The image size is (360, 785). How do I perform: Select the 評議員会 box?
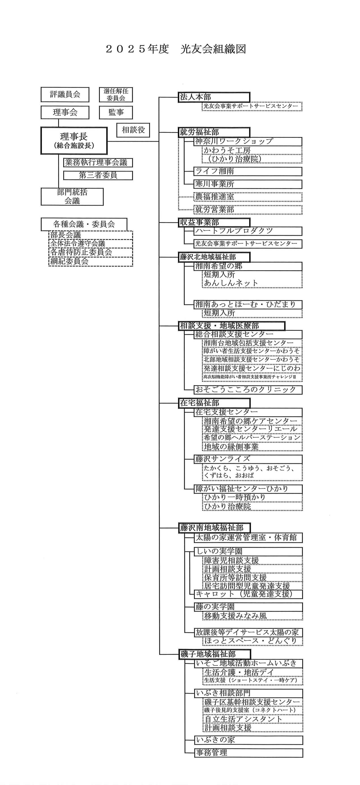tap(65, 94)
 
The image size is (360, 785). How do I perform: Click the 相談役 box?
tap(133, 130)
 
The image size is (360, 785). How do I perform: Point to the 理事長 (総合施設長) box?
tap(74, 141)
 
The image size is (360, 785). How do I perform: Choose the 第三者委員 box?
tap(98, 175)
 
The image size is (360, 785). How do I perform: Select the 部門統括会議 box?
tap(72, 196)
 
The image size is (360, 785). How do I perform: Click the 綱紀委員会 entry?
tap(90, 261)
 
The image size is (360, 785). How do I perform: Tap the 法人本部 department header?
tap(214, 97)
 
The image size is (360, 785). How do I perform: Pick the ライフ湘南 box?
tap(248, 171)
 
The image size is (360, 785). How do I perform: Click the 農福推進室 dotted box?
tap(248, 197)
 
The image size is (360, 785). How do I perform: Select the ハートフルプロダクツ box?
tap(248, 231)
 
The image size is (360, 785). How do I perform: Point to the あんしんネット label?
tap(231, 283)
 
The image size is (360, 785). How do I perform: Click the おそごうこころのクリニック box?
tap(248, 390)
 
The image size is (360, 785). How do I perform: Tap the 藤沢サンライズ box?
tap(248, 459)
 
